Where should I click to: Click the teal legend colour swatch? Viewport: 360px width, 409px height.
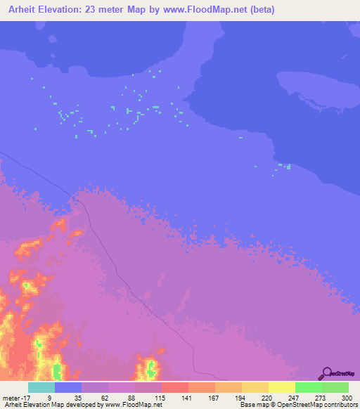click(41, 387)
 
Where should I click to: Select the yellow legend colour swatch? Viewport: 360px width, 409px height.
click(281, 387)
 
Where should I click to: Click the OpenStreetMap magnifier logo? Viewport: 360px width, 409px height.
click(326, 372)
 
